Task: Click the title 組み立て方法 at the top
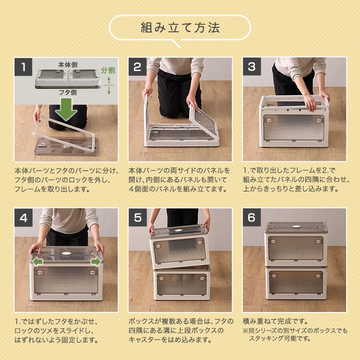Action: click(180, 27)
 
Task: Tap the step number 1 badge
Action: click(24, 67)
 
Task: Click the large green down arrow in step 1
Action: click(66, 109)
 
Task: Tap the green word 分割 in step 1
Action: click(108, 70)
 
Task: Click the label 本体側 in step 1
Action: click(67, 64)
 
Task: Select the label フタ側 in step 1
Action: click(67, 92)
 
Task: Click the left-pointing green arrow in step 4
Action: click(38, 262)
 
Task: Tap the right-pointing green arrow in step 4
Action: click(95, 262)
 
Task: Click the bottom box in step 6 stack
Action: click(296, 282)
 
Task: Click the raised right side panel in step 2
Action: click(204, 120)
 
